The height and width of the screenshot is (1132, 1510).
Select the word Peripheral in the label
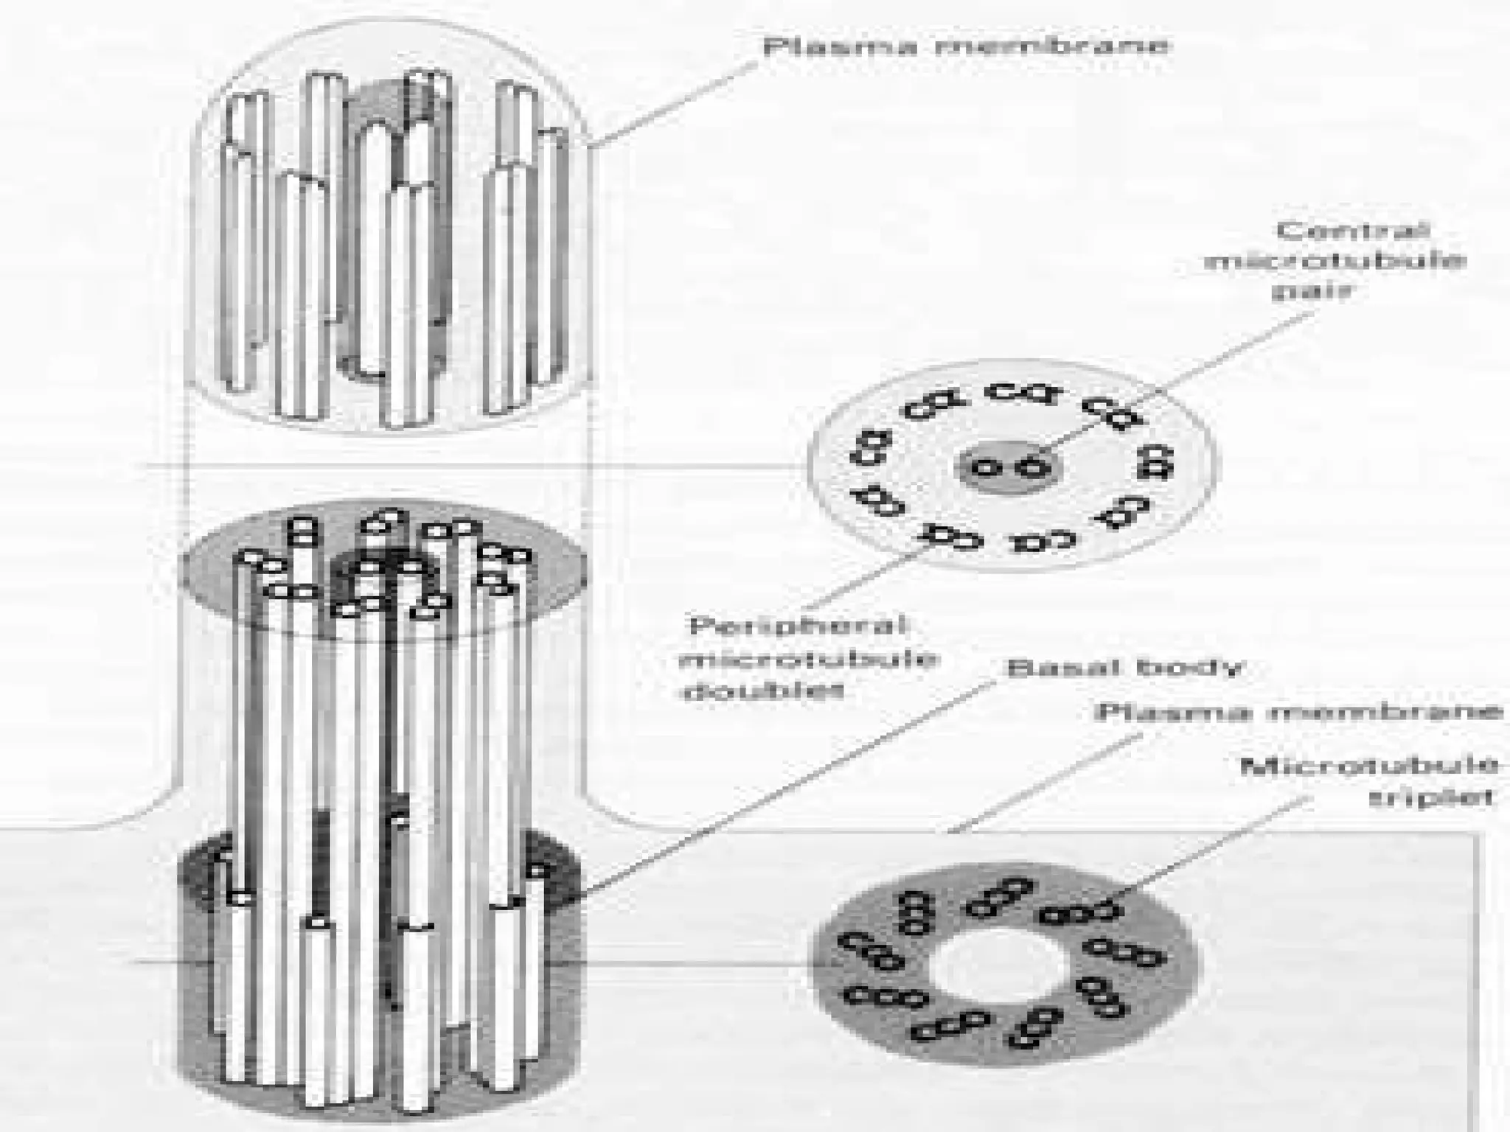point(797,626)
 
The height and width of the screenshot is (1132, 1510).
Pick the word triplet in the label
point(1431,798)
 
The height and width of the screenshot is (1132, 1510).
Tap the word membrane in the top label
point(1052,46)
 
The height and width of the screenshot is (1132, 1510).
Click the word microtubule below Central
point(1335,262)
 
